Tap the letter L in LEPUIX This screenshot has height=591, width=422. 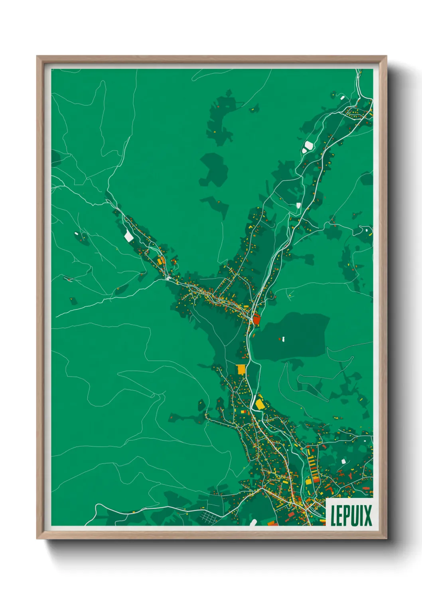(x=333, y=516)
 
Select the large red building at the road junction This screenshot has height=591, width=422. (x=256, y=319)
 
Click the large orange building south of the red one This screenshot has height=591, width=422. (x=241, y=369)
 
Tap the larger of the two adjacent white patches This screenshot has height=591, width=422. (x=308, y=146)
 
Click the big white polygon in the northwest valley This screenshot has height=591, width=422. (x=128, y=236)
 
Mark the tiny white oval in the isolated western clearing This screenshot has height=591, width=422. (x=76, y=233)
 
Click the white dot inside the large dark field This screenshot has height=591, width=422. (x=283, y=339)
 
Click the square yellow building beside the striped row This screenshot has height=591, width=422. (x=308, y=481)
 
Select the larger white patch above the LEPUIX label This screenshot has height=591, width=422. (x=343, y=461)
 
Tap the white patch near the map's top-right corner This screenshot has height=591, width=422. (x=342, y=97)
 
